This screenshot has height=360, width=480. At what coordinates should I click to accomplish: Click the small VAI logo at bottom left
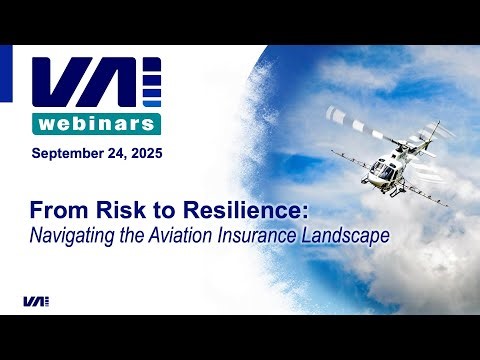coord(36,301)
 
